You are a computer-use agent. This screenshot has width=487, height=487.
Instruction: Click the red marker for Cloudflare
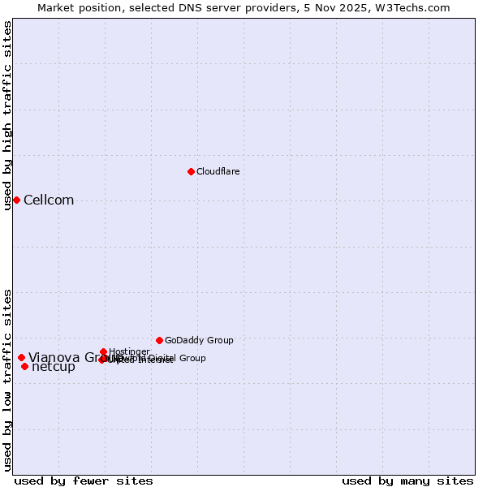[x=191, y=171]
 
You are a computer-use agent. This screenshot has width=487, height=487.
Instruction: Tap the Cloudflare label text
[x=218, y=171]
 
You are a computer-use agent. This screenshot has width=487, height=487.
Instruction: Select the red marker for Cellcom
[x=16, y=200]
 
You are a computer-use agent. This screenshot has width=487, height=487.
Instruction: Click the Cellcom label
[x=49, y=200]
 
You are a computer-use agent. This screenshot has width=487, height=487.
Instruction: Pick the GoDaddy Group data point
[x=159, y=340]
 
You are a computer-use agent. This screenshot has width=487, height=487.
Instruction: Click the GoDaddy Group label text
[x=199, y=340]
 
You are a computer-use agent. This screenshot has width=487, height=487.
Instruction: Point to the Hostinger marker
[x=104, y=351]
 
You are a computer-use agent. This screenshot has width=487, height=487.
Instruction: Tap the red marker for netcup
[x=24, y=366]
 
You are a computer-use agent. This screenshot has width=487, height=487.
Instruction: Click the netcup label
[x=54, y=367]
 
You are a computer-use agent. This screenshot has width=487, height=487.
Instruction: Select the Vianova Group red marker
[x=21, y=357]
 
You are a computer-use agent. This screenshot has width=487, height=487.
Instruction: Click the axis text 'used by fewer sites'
[x=84, y=481]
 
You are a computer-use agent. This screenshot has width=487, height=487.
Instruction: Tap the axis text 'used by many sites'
[x=407, y=481]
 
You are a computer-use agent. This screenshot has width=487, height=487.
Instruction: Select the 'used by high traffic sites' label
[x=8, y=115]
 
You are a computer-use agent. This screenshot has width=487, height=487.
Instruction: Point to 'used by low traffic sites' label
[x=8, y=379]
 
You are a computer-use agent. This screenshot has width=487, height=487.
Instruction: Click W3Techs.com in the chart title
[x=416, y=7]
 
